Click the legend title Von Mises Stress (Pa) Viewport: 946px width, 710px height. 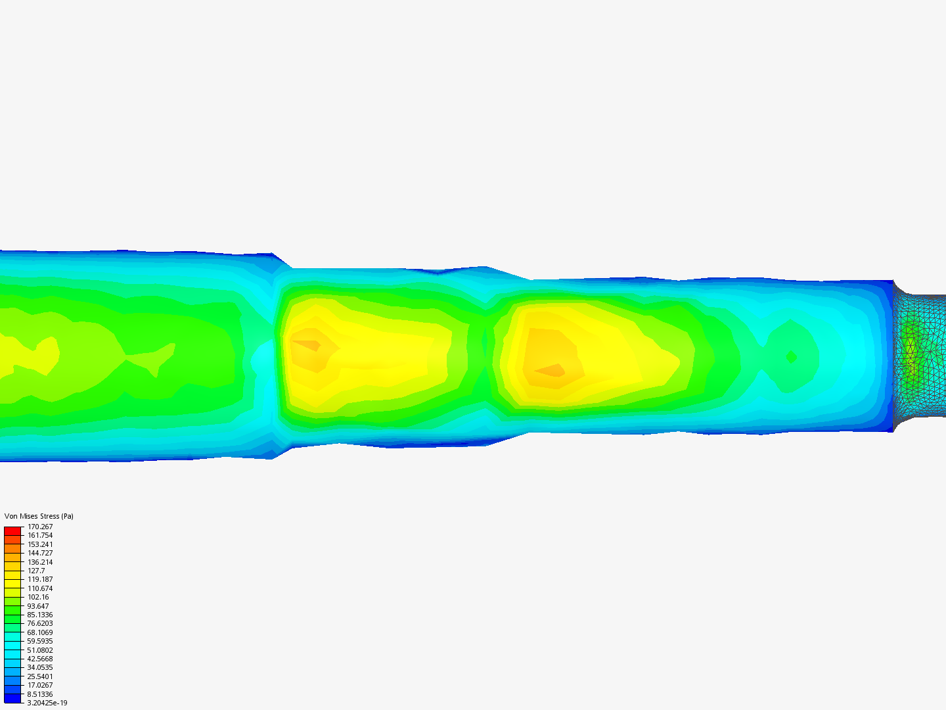click(39, 516)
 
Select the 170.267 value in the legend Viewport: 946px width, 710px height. click(40, 527)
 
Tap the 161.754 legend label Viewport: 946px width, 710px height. click(40, 535)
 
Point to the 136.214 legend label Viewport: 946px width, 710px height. click(40, 562)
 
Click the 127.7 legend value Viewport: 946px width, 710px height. click(36, 571)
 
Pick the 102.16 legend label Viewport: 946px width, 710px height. click(38, 597)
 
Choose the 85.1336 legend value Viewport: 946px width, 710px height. click(40, 615)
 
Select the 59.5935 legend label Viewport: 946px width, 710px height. click(40, 641)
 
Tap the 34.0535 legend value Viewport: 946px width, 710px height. click(40, 667)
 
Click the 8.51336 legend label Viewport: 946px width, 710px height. click(40, 694)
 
